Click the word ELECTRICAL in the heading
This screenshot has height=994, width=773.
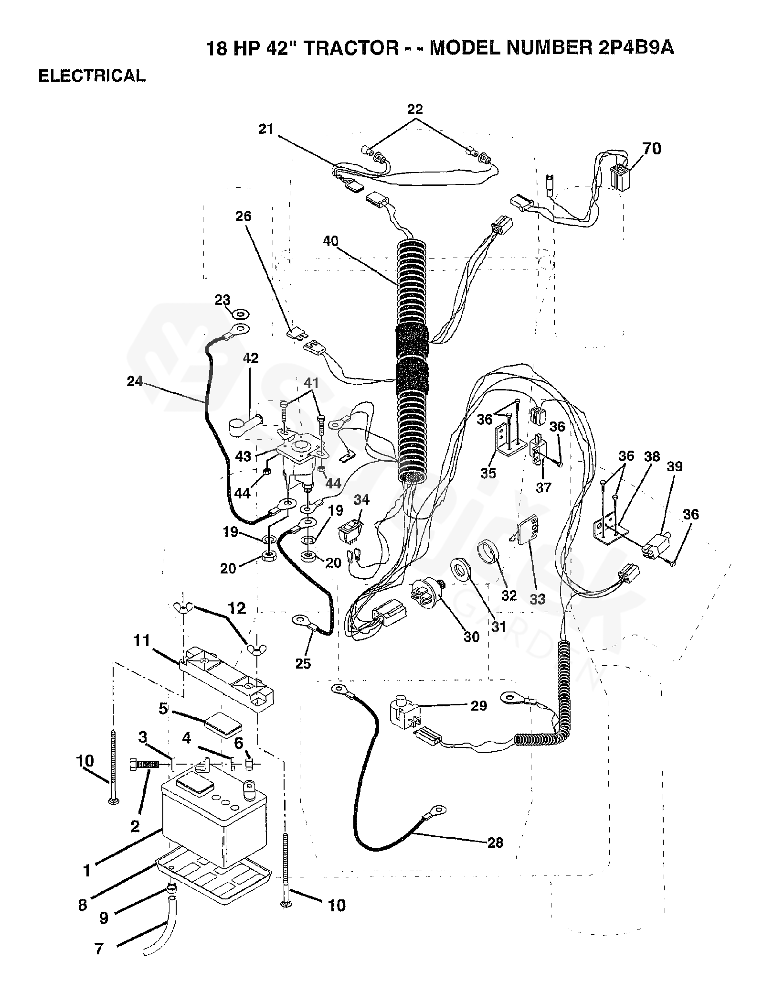[x=92, y=76]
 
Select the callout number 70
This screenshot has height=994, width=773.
[x=652, y=149]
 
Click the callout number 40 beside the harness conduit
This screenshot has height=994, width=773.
[x=331, y=241]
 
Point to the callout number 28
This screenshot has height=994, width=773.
[x=495, y=842]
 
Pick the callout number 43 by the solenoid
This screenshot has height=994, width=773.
[x=244, y=456]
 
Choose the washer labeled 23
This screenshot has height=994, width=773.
[x=240, y=315]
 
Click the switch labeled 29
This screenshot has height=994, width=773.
[x=404, y=716]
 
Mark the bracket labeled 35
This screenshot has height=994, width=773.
[x=505, y=439]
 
